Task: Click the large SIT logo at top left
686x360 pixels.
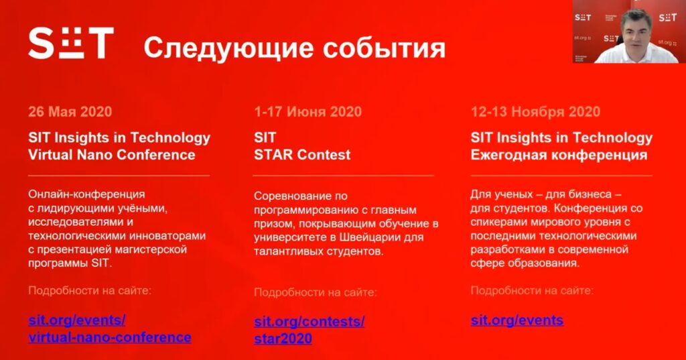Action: (x=71, y=43)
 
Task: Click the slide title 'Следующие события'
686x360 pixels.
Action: (x=295, y=48)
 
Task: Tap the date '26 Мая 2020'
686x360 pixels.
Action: (x=70, y=112)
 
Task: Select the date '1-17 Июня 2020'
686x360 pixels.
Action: (x=308, y=112)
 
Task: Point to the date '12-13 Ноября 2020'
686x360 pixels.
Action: (x=535, y=112)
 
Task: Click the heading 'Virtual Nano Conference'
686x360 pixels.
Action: (x=112, y=155)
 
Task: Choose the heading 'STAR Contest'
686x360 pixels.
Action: (x=302, y=155)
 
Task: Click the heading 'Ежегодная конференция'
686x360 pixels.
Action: (x=559, y=155)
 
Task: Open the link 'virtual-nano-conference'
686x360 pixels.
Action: (x=110, y=337)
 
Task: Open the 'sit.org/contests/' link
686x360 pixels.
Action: (x=310, y=322)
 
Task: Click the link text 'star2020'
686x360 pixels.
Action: (x=283, y=339)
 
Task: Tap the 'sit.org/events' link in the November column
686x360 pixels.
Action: (x=517, y=320)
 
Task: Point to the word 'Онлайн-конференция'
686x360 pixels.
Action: (x=86, y=194)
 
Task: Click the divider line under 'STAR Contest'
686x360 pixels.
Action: (x=344, y=176)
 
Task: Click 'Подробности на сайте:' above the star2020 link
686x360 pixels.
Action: (x=316, y=292)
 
